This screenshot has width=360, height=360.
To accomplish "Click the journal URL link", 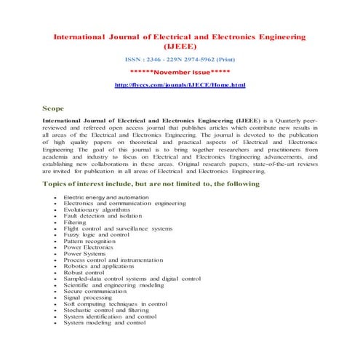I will coord(180,86).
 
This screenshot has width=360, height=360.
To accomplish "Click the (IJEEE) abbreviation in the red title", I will coord(180,47).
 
